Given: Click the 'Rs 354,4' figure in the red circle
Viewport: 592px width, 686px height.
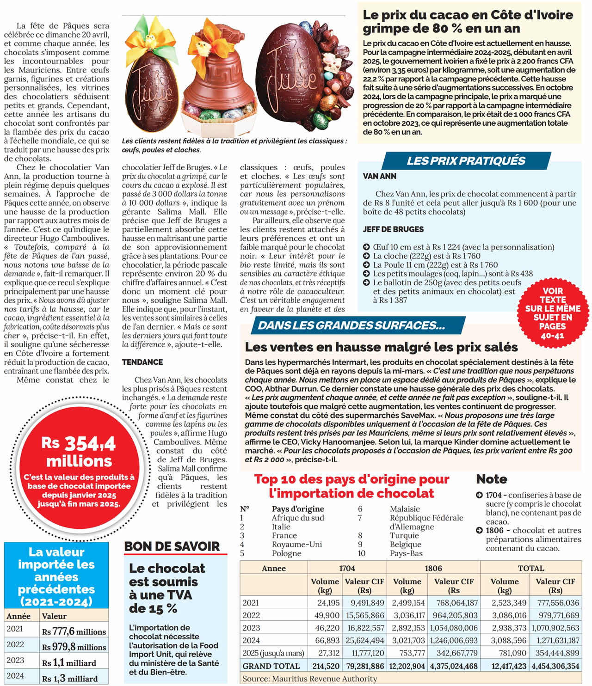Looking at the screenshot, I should (79, 444).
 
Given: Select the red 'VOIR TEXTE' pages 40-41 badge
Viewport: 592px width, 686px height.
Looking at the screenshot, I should (553, 313).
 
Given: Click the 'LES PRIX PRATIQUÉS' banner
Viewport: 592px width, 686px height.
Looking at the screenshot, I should (466, 161).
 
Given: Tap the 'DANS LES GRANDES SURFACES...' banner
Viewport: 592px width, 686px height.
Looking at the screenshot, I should (351, 325).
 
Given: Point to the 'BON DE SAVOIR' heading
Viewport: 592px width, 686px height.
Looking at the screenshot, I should (172, 546).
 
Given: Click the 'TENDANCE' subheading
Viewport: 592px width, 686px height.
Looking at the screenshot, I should (142, 362).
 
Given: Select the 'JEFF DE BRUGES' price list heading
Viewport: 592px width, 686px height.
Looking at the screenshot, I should (393, 229).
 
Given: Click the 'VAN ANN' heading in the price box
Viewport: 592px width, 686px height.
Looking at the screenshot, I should (380, 176).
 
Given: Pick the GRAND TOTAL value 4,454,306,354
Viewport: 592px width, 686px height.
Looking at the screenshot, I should (555, 666).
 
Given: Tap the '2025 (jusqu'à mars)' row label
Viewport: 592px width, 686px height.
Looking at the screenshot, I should (273, 653).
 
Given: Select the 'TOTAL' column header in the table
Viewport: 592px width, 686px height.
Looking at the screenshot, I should (531, 568).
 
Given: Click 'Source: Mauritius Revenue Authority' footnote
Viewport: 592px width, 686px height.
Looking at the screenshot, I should (310, 679).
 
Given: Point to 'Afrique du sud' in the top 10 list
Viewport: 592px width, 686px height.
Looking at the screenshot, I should (298, 518).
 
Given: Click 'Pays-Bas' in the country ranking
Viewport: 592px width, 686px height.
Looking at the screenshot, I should (407, 553).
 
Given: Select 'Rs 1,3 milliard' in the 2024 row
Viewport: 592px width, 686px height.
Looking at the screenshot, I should (70, 679).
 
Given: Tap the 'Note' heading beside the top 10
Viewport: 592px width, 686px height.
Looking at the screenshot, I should (492, 479).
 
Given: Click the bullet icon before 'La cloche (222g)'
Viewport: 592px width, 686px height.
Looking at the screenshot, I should (366, 256).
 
